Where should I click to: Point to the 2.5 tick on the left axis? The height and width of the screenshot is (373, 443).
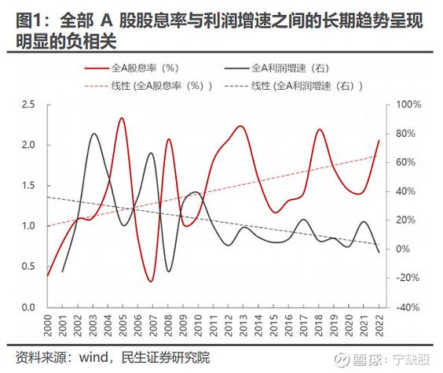coord(28,105)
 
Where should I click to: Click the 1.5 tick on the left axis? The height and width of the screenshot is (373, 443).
coord(28,186)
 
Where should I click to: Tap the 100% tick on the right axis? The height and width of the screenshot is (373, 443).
coord(403,105)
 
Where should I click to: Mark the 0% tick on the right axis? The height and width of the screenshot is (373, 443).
coord(399,249)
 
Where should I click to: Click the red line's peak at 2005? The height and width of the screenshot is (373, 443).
coord(122,118)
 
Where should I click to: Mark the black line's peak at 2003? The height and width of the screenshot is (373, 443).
coord(93,134)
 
